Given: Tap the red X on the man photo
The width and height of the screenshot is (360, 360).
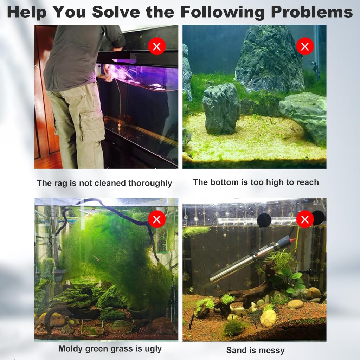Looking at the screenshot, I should coord(157,47).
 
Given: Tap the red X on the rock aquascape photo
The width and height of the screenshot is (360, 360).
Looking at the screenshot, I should coord(305,47).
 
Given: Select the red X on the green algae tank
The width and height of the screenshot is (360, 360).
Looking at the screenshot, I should coord(157,220).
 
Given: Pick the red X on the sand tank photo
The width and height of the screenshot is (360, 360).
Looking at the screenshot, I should coord(305,220).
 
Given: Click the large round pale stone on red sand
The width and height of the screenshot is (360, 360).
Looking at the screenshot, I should coord(268,318).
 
